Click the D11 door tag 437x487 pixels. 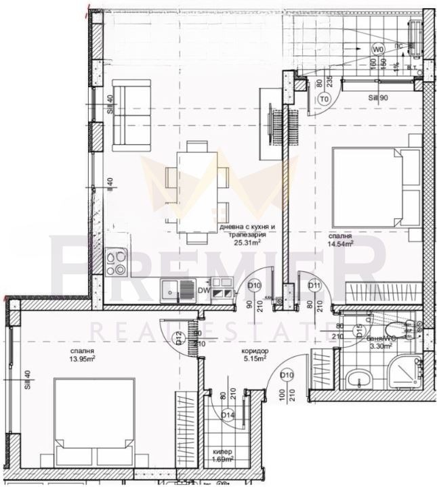[x=314, y=286]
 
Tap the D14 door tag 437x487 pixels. [x=227, y=415]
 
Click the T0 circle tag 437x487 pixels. [x=324, y=99]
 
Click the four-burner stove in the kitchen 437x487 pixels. [x=116, y=260]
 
